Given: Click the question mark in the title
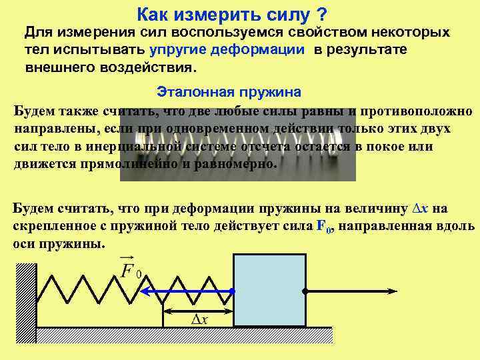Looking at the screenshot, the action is pos(322,14).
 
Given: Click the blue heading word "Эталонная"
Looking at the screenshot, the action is pos(189,91).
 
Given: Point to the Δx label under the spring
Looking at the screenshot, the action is pos(199,319).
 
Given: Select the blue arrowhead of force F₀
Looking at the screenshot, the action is pos(145,291).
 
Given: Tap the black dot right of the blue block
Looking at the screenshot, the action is pos(305,291).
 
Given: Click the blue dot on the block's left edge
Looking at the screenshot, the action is pos(232,291).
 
